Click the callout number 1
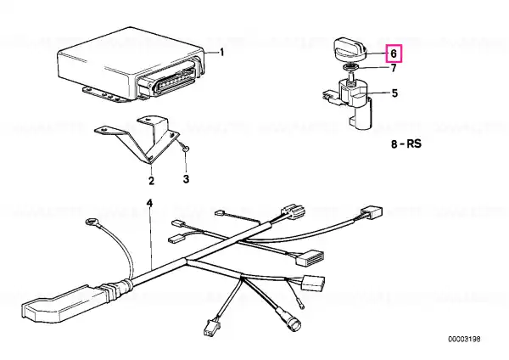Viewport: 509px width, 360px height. click(x=222, y=52)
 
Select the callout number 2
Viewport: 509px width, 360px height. click(x=151, y=180)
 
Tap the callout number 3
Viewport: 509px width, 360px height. click(x=186, y=178)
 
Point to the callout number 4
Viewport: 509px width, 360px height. click(x=149, y=204)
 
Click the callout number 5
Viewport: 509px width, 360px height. click(x=394, y=93)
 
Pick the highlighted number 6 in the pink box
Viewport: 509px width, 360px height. click(x=394, y=53)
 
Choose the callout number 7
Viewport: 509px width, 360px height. click(x=394, y=68)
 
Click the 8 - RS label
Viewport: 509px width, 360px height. click(x=406, y=143)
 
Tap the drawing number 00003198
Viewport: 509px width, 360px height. click(x=464, y=340)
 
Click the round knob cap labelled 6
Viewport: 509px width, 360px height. click(x=350, y=50)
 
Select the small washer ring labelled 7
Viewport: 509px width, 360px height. click(x=351, y=67)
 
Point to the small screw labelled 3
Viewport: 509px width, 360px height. click(x=186, y=149)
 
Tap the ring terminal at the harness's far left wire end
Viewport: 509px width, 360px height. click(x=90, y=222)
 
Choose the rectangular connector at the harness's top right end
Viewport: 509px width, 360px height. click(x=372, y=212)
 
